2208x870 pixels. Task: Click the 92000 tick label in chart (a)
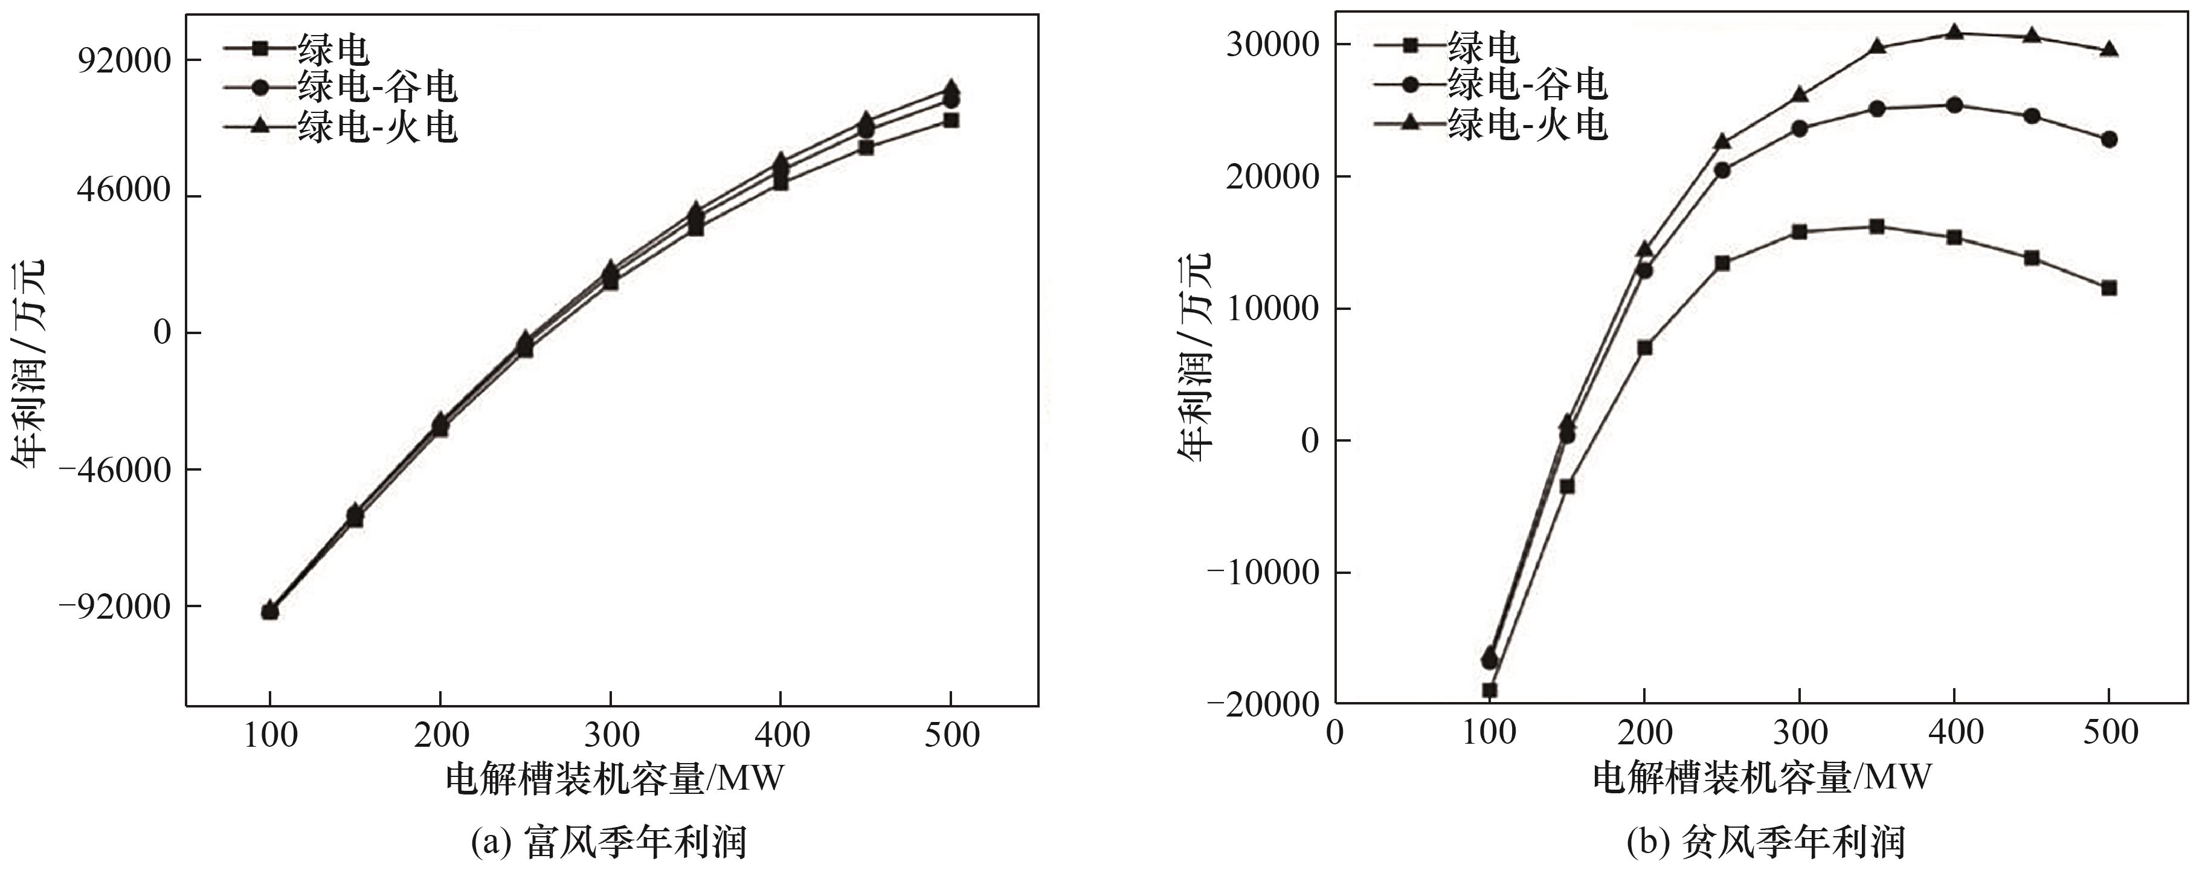125,61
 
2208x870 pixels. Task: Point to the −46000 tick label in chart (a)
114,469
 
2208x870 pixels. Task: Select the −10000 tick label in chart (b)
1263,573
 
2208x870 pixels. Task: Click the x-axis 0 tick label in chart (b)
1334,732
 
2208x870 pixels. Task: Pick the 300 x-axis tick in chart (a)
610,735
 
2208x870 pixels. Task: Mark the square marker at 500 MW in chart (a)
951,120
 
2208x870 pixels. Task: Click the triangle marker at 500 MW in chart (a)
951,88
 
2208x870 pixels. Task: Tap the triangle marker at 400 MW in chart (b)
1954,31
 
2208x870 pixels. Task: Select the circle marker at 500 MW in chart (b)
2108,139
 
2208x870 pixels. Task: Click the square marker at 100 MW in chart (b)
1490,690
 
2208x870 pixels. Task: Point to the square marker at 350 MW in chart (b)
1876,227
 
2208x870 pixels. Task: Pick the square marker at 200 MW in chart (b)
1644,347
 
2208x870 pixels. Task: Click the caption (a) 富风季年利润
610,841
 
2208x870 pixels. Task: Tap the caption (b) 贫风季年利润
1765,841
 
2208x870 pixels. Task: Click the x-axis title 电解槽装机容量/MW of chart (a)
614,778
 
